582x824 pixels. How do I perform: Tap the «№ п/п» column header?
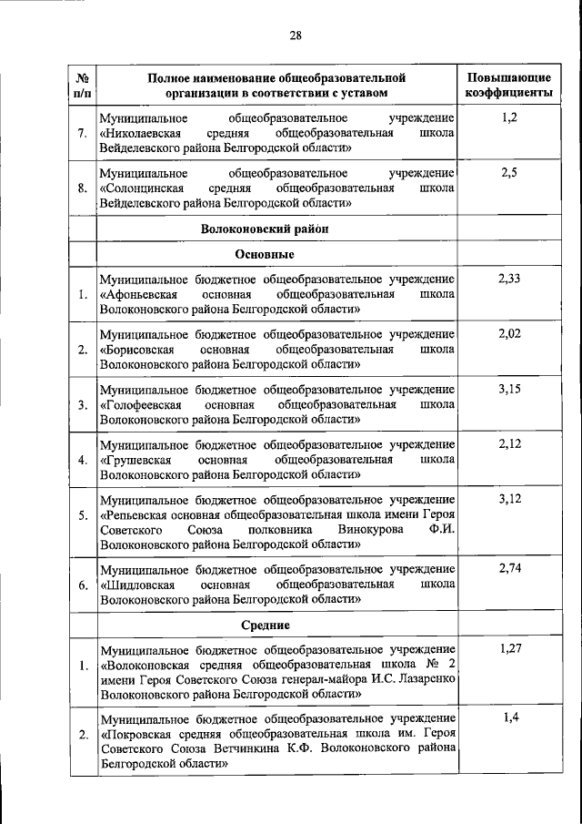click(82, 85)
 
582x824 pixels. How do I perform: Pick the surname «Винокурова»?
click(374, 529)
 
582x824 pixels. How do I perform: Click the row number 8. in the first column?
click(82, 188)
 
